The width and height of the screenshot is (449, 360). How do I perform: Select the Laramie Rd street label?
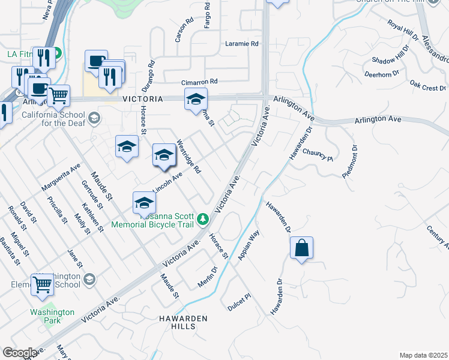(x=241, y=44)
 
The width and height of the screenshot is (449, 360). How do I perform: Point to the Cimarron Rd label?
(x=199, y=82)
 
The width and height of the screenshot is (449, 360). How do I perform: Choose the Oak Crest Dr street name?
(x=427, y=86)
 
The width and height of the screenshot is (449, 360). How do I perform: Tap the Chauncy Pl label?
(x=317, y=155)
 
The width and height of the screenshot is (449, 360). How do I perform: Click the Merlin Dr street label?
(x=206, y=277)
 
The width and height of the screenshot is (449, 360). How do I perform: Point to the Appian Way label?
(x=249, y=245)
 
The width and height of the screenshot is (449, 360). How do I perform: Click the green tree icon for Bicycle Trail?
(x=203, y=218)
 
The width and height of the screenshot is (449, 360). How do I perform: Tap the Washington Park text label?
(x=52, y=316)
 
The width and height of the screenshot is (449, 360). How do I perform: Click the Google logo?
(x=19, y=352)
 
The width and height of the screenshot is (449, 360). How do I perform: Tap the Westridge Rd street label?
(x=188, y=157)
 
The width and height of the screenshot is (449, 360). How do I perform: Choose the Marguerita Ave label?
(x=61, y=178)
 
